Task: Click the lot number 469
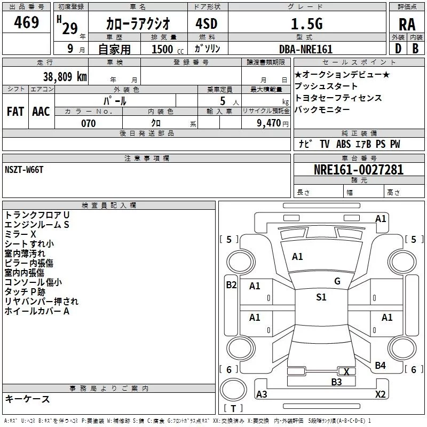(26, 22)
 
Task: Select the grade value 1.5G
(307, 23)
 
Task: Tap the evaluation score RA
(407, 25)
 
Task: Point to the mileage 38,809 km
(65, 76)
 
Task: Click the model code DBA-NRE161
(306, 49)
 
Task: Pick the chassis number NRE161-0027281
(359, 170)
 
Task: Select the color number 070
(89, 123)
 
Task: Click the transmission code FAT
(15, 112)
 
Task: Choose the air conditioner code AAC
(41, 112)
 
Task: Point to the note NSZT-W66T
(24, 170)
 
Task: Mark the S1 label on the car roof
(321, 297)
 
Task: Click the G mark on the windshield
(337, 281)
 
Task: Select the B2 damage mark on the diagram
(231, 285)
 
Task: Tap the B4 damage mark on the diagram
(380, 366)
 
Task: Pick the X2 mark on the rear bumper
(381, 394)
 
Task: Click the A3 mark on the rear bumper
(262, 394)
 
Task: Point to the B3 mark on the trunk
(336, 382)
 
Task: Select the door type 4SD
(207, 23)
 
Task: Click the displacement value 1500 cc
(168, 49)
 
